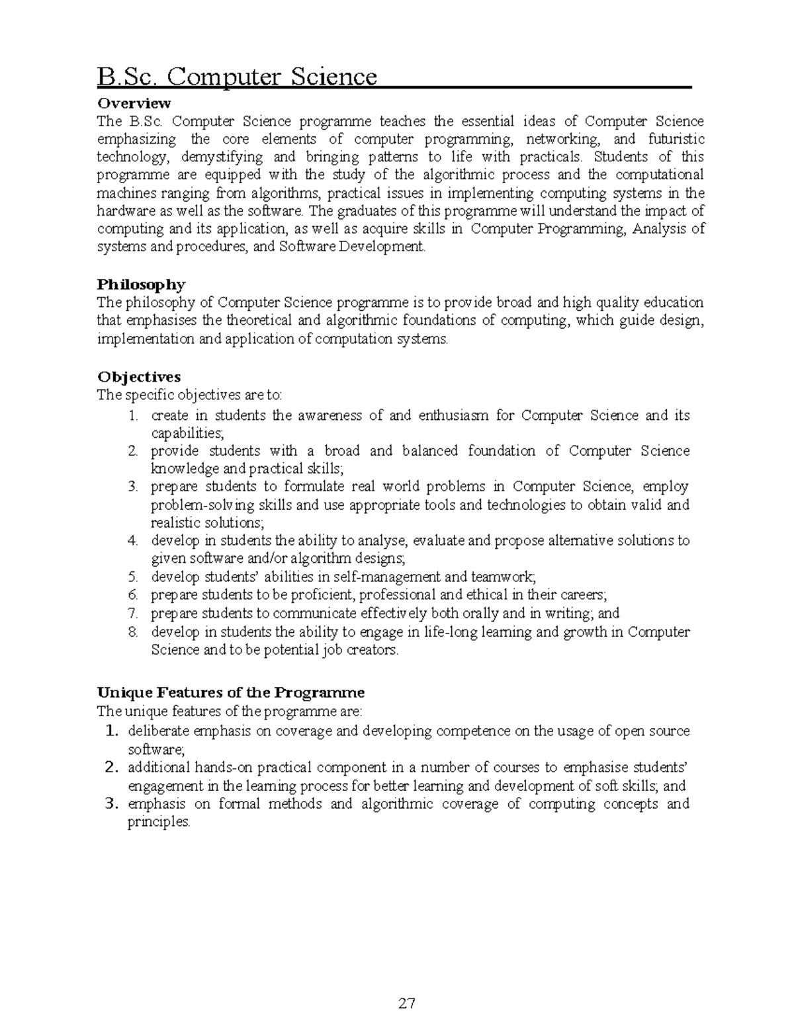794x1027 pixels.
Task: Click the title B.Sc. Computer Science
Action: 237,77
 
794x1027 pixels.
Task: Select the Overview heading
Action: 134,103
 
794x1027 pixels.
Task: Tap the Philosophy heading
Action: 141,284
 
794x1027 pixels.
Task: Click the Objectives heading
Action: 139,377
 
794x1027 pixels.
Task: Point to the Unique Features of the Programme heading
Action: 231,693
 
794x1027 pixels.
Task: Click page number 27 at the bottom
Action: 407,1003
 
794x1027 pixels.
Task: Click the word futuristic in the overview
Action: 676,140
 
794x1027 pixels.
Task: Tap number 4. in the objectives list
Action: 133,540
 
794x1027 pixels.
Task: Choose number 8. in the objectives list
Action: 133,632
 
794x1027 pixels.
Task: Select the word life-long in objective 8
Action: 449,632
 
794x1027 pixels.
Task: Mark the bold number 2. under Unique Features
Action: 111,768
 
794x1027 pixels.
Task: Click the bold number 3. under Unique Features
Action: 111,804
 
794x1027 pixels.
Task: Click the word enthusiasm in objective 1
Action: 453,415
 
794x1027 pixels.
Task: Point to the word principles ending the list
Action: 158,822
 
